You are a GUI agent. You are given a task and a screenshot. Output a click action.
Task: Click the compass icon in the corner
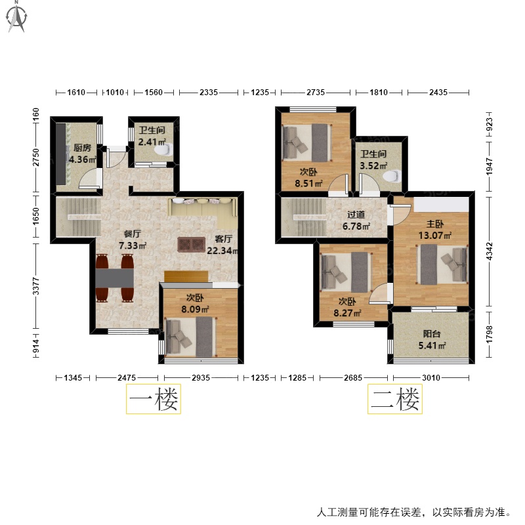click(16, 17)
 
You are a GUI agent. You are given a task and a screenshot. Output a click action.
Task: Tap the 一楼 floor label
click(154, 399)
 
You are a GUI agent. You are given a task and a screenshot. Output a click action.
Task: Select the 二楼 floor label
click(395, 399)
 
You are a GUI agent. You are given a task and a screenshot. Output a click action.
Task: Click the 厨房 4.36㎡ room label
click(83, 154)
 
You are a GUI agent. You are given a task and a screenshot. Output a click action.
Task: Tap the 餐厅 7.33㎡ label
click(133, 240)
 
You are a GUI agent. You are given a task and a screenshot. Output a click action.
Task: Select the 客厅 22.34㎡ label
click(222, 245)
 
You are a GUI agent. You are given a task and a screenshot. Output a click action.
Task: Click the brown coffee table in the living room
click(191, 244)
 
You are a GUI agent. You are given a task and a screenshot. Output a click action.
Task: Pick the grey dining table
click(115, 278)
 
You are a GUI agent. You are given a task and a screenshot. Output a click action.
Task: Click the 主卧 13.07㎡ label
click(434, 230)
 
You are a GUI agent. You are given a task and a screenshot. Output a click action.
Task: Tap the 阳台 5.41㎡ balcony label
click(432, 339)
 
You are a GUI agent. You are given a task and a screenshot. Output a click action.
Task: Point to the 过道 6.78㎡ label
click(356, 220)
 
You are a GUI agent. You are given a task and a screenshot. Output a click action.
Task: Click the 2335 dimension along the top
click(209, 92)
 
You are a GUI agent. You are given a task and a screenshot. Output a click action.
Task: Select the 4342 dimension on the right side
click(489, 251)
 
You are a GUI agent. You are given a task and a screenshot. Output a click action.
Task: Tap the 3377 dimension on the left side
click(36, 286)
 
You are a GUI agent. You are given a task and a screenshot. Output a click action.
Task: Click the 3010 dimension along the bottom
click(431, 378)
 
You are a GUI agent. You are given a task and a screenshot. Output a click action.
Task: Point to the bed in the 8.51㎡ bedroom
click(307, 142)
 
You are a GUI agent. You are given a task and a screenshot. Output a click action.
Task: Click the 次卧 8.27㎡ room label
click(347, 307)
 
